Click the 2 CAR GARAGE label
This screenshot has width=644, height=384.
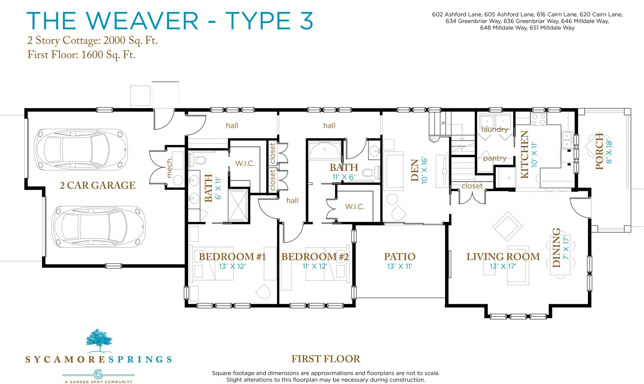click(x=98, y=185)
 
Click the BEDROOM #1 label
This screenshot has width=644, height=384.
click(x=232, y=257)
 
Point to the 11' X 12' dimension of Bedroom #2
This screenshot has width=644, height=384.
click(x=315, y=266)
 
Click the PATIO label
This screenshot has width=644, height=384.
click(x=399, y=257)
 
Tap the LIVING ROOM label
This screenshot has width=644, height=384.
click(x=503, y=257)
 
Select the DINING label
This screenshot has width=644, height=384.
click(x=556, y=248)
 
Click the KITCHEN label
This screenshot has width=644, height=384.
click(x=524, y=154)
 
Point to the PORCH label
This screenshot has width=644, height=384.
click(x=599, y=151)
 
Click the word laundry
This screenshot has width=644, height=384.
click(x=494, y=129)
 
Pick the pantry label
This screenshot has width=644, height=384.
click(x=495, y=158)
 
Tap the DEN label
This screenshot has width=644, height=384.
click(x=415, y=170)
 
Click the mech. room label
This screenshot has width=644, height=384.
click(x=169, y=167)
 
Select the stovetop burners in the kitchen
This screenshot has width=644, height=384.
click(x=538, y=120)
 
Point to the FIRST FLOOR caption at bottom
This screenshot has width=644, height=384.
click(x=326, y=359)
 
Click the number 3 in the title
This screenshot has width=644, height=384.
click(x=306, y=21)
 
